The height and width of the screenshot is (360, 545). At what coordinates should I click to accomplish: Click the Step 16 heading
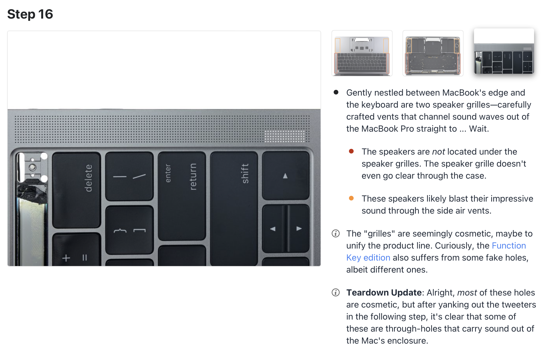click(x=30, y=14)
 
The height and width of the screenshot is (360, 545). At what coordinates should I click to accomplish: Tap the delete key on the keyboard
click(x=76, y=190)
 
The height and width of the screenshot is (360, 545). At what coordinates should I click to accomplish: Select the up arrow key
click(x=285, y=176)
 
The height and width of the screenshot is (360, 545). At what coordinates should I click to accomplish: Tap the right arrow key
click(x=298, y=229)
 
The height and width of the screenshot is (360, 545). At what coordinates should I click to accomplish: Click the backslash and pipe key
click(x=129, y=176)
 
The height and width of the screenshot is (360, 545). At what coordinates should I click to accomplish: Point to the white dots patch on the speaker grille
click(x=285, y=136)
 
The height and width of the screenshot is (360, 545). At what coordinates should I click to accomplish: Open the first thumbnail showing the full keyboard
click(x=362, y=53)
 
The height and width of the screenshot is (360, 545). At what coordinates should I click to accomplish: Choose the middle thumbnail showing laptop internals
click(x=433, y=53)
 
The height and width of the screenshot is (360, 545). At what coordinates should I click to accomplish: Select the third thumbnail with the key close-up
click(x=504, y=51)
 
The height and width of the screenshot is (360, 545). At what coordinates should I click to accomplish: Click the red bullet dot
click(x=351, y=151)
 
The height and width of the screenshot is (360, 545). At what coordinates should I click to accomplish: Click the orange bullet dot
click(x=351, y=198)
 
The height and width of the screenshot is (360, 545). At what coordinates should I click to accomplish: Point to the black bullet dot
click(x=336, y=92)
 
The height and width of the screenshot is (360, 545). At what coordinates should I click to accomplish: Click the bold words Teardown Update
click(x=384, y=293)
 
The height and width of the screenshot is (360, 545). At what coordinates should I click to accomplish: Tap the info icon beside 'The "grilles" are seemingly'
click(x=336, y=234)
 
